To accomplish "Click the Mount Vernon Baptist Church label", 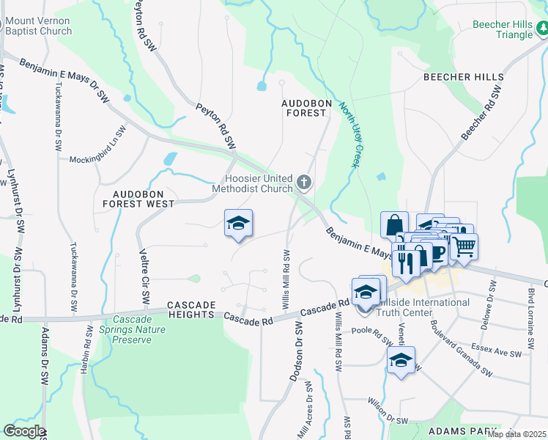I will pyautogui.click(x=37, y=26).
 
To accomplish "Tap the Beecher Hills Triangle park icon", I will pyautogui.click(x=543, y=29).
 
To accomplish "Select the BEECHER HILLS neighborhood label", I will pyautogui.click(x=464, y=77).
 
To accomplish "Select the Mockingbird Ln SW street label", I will pyautogui.click(x=98, y=146).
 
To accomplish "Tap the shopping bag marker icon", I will pyautogui.click(x=394, y=224).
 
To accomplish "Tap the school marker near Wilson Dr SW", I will pyautogui.click(x=401, y=360).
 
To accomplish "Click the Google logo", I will pyautogui.click(x=23, y=431).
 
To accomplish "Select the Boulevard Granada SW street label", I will pyautogui.click(x=462, y=348).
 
